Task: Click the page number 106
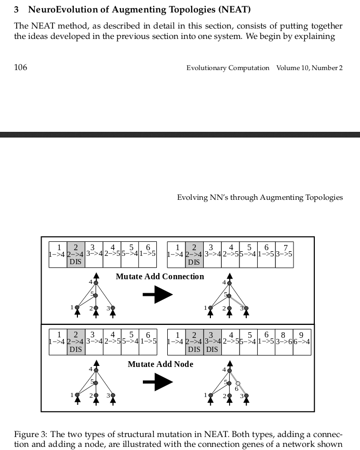click(x=20, y=67)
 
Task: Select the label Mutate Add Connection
click(x=159, y=276)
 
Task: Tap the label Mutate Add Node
click(x=160, y=364)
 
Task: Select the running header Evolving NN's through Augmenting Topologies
click(x=260, y=197)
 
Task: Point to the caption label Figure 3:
click(x=31, y=434)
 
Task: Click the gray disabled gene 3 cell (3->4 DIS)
click(x=211, y=342)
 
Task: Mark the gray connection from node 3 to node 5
click(x=237, y=302)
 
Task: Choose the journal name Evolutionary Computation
click(x=228, y=68)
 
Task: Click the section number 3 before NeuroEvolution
click(x=17, y=9)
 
